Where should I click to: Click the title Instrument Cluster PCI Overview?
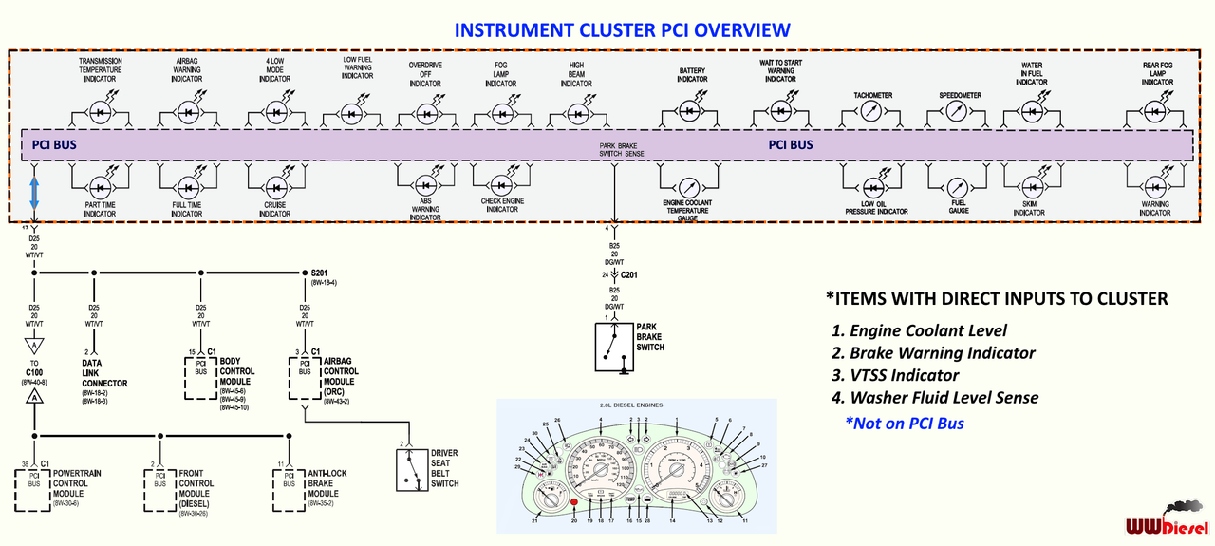click(622, 29)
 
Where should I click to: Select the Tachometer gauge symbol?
click(871, 112)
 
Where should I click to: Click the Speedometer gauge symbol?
click(959, 112)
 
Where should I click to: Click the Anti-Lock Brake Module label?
click(329, 483)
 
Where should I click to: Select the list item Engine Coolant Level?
click(918, 330)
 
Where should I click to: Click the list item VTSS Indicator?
click(894, 375)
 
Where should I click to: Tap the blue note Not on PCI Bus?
click(904, 423)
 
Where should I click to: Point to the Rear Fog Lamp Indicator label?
click(1157, 74)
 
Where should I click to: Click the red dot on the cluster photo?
click(573, 501)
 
